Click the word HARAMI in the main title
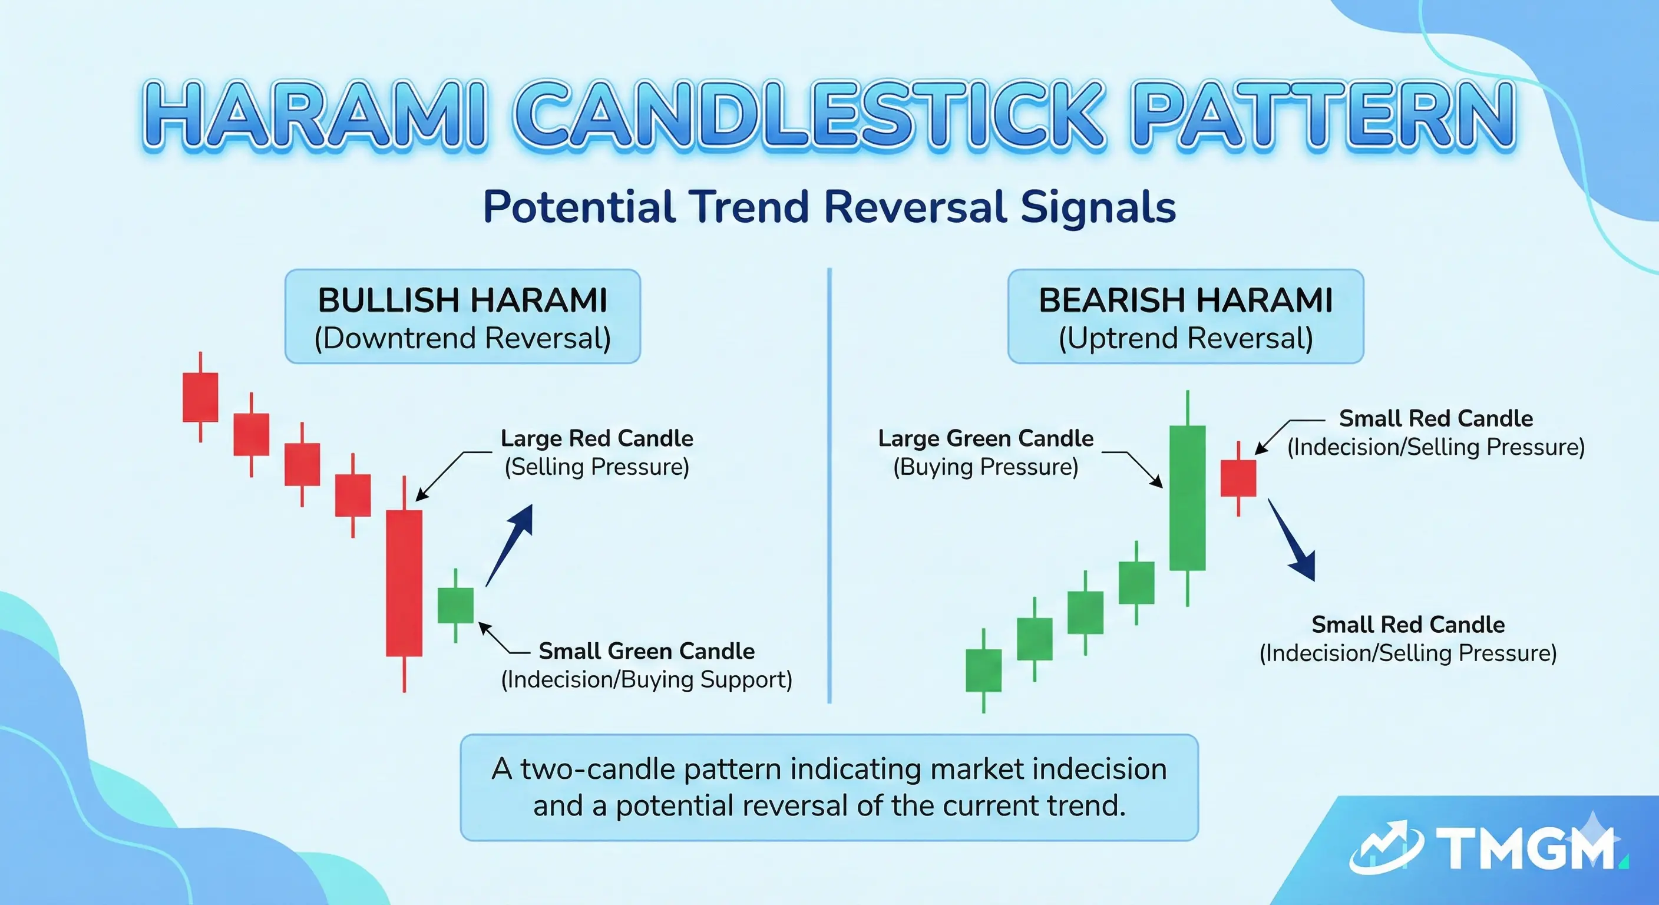pyautogui.click(x=313, y=116)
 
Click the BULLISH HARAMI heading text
pyautogui.click(x=462, y=300)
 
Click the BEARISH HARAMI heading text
pyautogui.click(x=1186, y=300)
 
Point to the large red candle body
pyautogui.click(x=404, y=583)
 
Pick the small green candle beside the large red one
pyautogui.click(x=455, y=606)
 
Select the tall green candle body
pyautogui.click(x=1187, y=497)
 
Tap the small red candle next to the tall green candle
pyautogui.click(x=1238, y=478)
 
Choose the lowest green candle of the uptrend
pyautogui.click(x=983, y=670)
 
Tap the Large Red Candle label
pyautogui.click(x=596, y=438)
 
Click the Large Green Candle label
pyautogui.click(x=986, y=438)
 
